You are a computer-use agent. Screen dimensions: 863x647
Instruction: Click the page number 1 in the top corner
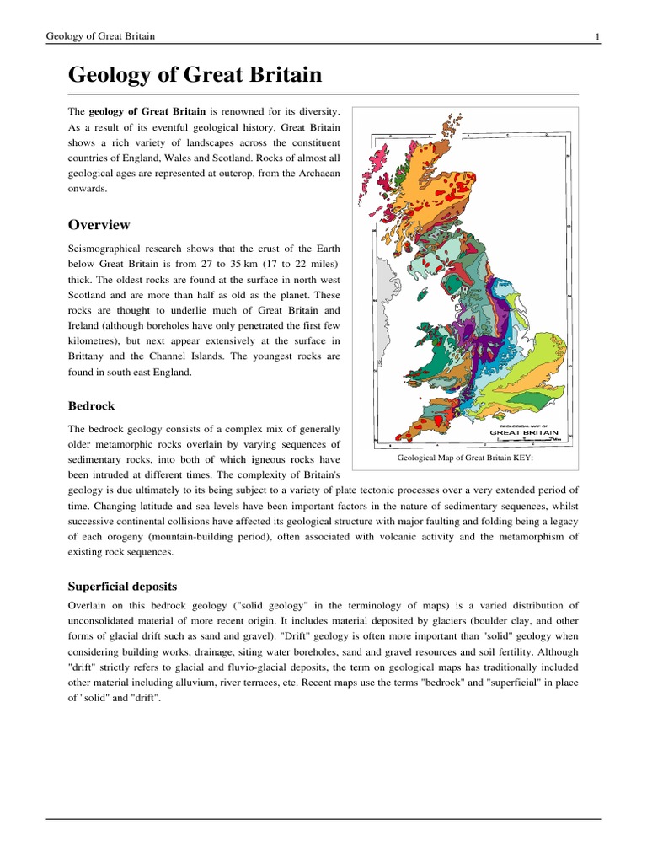click(597, 36)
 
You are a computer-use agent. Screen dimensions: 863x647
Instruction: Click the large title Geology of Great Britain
click(195, 76)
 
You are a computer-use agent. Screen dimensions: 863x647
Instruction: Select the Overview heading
click(99, 225)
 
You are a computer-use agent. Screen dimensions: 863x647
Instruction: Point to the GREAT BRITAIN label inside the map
click(523, 433)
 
